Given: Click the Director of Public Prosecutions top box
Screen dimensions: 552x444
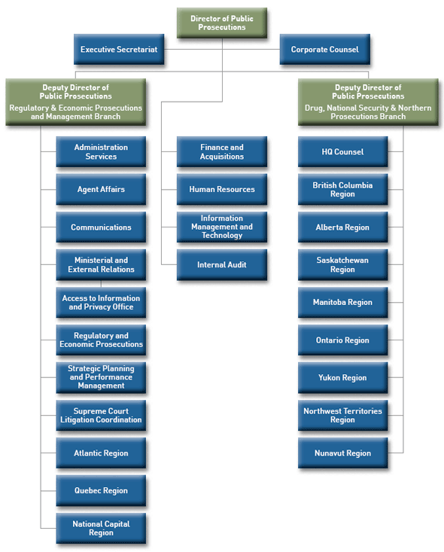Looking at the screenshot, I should coord(222,23).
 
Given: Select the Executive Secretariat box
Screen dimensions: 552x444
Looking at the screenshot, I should coord(119,50).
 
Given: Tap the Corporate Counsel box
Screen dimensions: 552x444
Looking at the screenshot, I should coord(324,50).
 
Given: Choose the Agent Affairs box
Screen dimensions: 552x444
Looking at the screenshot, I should coord(101,190).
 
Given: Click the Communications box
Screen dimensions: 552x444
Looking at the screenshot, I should coord(101,227).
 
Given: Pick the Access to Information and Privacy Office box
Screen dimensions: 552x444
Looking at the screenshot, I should coord(101,303).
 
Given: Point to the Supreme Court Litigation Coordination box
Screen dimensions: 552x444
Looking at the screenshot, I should coord(101,416).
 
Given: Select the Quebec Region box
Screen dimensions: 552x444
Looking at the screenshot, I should coord(101,491).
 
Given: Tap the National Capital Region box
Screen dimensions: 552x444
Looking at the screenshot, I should coord(101,529).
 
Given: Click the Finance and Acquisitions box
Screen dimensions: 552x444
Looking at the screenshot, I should coord(222,152).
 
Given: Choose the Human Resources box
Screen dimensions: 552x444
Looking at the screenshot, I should coord(222,190).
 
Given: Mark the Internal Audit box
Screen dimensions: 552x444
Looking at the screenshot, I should coord(222,265).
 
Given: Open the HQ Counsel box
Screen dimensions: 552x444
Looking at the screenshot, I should coord(342,152).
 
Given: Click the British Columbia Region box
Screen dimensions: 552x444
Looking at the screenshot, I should coord(342,190).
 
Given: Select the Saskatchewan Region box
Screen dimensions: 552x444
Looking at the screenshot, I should coord(342,265).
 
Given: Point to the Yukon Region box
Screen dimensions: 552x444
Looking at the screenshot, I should coord(342,378).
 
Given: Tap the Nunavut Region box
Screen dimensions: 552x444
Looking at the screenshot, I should coord(342,453).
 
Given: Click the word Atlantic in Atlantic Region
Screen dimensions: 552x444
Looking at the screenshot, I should coord(90,453).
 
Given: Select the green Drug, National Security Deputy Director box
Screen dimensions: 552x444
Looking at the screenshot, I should coord(367,102).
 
